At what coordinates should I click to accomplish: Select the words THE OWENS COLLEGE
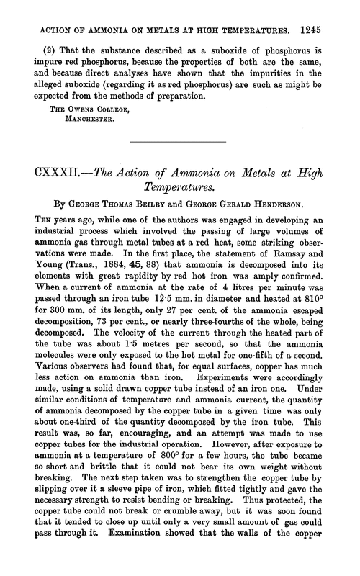click(71, 103)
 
